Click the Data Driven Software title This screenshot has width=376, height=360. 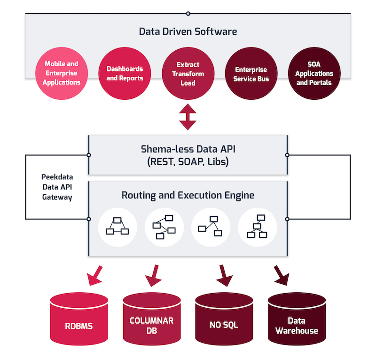click(x=188, y=32)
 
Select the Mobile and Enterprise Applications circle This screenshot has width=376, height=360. click(x=62, y=73)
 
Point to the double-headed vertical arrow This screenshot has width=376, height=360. click(x=188, y=118)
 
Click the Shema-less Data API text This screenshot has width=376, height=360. click(x=188, y=149)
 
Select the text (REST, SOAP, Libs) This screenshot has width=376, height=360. click(x=188, y=162)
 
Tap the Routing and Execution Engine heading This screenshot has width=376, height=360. click(x=188, y=194)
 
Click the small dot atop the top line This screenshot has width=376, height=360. click(x=188, y=14)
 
